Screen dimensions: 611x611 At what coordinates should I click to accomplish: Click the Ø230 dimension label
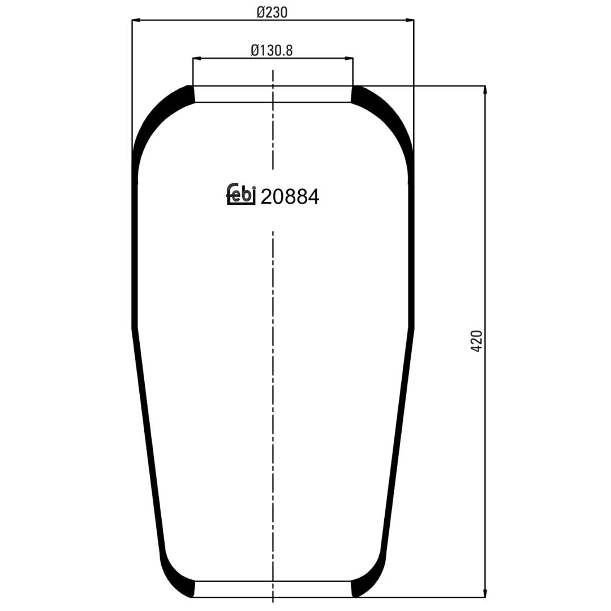click(272, 13)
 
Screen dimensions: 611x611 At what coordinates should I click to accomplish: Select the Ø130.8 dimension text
click(272, 50)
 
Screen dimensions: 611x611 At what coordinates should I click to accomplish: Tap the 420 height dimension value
click(476, 341)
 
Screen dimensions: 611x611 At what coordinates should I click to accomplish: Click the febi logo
click(241, 193)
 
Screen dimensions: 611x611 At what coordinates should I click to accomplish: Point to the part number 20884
click(290, 197)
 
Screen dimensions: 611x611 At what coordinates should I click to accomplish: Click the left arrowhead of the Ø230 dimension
click(136, 20)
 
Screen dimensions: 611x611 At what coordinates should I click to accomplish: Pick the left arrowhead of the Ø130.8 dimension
click(197, 58)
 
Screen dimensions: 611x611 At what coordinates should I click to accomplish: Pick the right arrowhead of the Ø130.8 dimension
click(348, 58)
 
